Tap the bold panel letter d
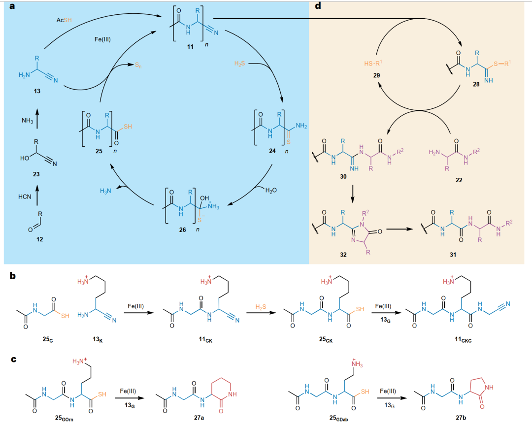[318, 6]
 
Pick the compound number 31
[453, 255]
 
